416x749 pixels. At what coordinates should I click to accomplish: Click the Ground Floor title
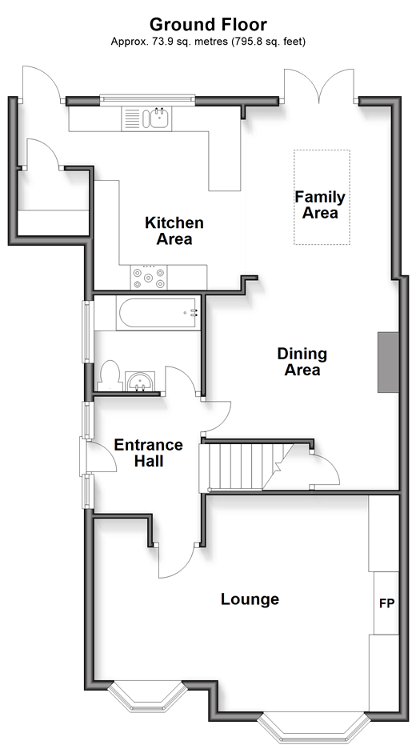(x=208, y=24)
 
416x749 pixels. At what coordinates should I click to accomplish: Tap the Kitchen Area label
(x=174, y=230)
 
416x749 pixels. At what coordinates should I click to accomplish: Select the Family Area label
(x=320, y=204)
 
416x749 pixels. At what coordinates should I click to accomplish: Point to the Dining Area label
(x=302, y=362)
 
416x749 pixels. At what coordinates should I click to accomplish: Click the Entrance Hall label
(x=149, y=453)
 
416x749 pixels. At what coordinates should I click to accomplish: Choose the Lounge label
(x=250, y=599)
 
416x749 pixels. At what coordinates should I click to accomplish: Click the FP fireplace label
(x=387, y=603)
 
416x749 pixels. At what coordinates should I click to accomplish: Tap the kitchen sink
(x=146, y=118)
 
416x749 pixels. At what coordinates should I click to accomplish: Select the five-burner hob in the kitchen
(x=149, y=277)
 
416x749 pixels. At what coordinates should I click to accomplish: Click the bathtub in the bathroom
(x=158, y=313)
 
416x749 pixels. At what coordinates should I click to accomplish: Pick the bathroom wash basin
(x=140, y=382)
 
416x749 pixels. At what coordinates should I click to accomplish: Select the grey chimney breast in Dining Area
(x=388, y=362)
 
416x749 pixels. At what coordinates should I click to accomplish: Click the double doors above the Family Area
(x=319, y=86)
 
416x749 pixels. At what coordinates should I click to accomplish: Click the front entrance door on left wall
(x=98, y=457)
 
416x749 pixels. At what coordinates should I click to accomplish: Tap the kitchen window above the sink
(x=147, y=99)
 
